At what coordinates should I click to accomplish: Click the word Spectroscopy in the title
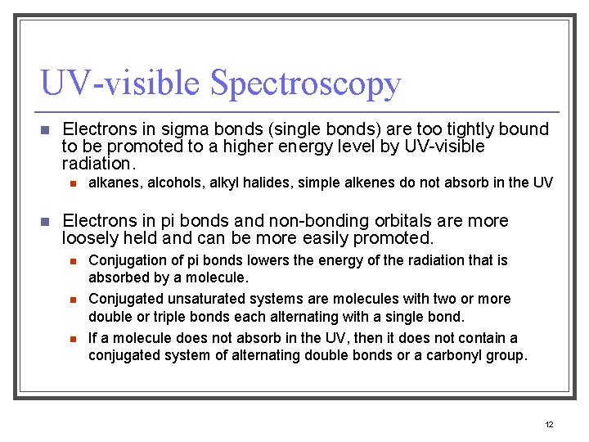pyautogui.click(x=305, y=84)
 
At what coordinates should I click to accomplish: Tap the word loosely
pyautogui.click(x=91, y=239)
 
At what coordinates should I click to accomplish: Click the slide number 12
pyautogui.click(x=549, y=424)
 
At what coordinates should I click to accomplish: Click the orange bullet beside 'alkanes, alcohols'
pyautogui.click(x=72, y=183)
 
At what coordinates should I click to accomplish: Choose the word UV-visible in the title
pyautogui.click(x=119, y=84)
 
